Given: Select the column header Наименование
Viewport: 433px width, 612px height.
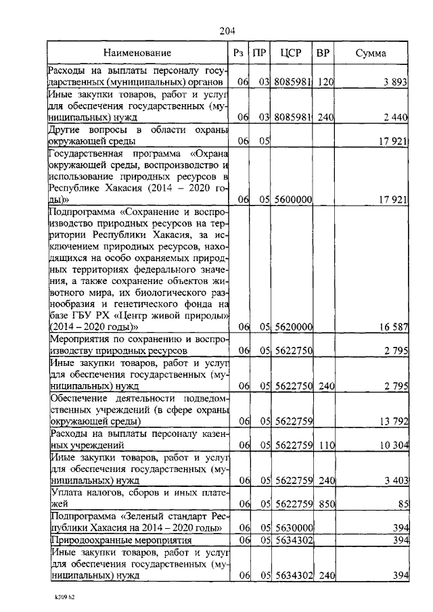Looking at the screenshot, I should click(137, 53).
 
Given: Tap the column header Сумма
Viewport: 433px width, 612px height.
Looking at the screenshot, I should click(371, 53).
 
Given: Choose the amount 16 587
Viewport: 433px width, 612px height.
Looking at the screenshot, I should click(392, 327).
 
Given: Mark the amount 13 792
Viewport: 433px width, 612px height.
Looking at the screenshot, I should click(392, 422).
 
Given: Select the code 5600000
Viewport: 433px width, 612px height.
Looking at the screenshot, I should click(293, 200).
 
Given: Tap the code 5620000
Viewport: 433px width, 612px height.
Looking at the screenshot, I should click(293, 327).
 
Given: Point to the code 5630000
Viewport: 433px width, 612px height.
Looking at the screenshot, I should click(293, 528).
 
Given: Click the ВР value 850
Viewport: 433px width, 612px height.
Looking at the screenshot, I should click(326, 504).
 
